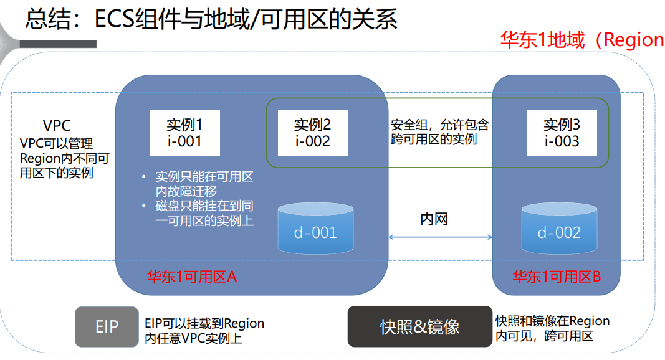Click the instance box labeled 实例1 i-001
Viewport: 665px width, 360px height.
coord(184,132)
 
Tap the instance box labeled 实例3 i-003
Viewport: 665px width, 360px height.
coord(562,132)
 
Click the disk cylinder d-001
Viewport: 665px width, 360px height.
coord(315,229)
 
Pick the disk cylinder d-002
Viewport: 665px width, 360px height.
coord(559,229)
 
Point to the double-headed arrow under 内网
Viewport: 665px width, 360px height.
coord(440,237)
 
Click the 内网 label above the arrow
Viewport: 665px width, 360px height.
coord(434,219)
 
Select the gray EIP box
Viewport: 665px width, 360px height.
coord(107,326)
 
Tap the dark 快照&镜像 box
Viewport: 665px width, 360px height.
coord(419,326)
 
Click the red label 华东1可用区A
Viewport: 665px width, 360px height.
coord(191,277)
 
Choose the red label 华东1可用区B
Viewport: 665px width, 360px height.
coord(556,277)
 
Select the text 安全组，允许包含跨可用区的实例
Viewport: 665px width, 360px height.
coord(439,131)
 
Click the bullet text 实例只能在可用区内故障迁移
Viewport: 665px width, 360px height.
coord(204,184)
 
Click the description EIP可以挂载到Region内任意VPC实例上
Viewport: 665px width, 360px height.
coord(204,331)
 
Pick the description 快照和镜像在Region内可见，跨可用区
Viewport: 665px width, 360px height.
coord(552,328)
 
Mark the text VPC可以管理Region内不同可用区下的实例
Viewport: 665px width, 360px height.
coord(64,158)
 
